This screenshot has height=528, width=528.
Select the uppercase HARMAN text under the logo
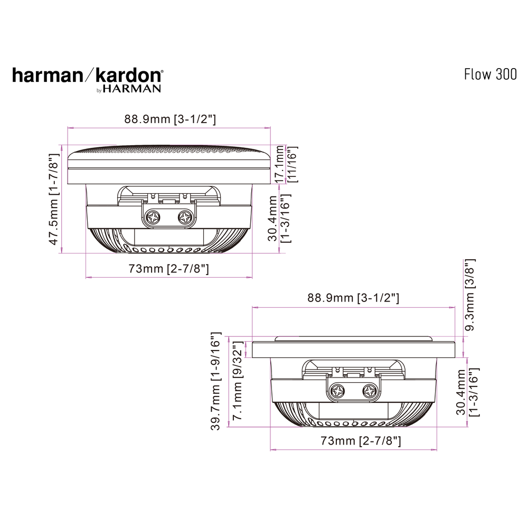tap(132, 89)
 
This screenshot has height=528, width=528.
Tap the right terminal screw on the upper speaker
tap(185, 216)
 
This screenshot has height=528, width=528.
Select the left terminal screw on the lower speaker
tap(337, 391)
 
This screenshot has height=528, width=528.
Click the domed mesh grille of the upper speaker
tap(169, 153)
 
